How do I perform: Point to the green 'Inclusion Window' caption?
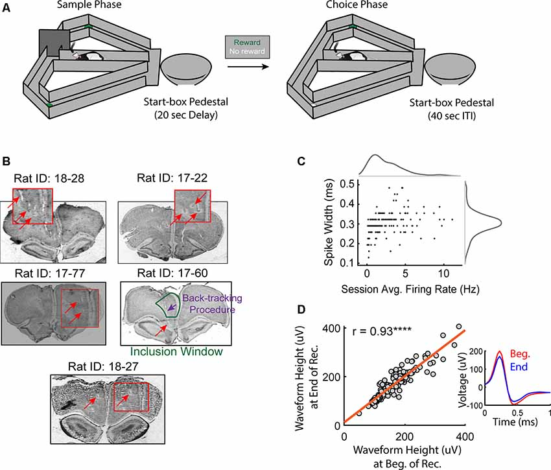coord(176,352)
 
